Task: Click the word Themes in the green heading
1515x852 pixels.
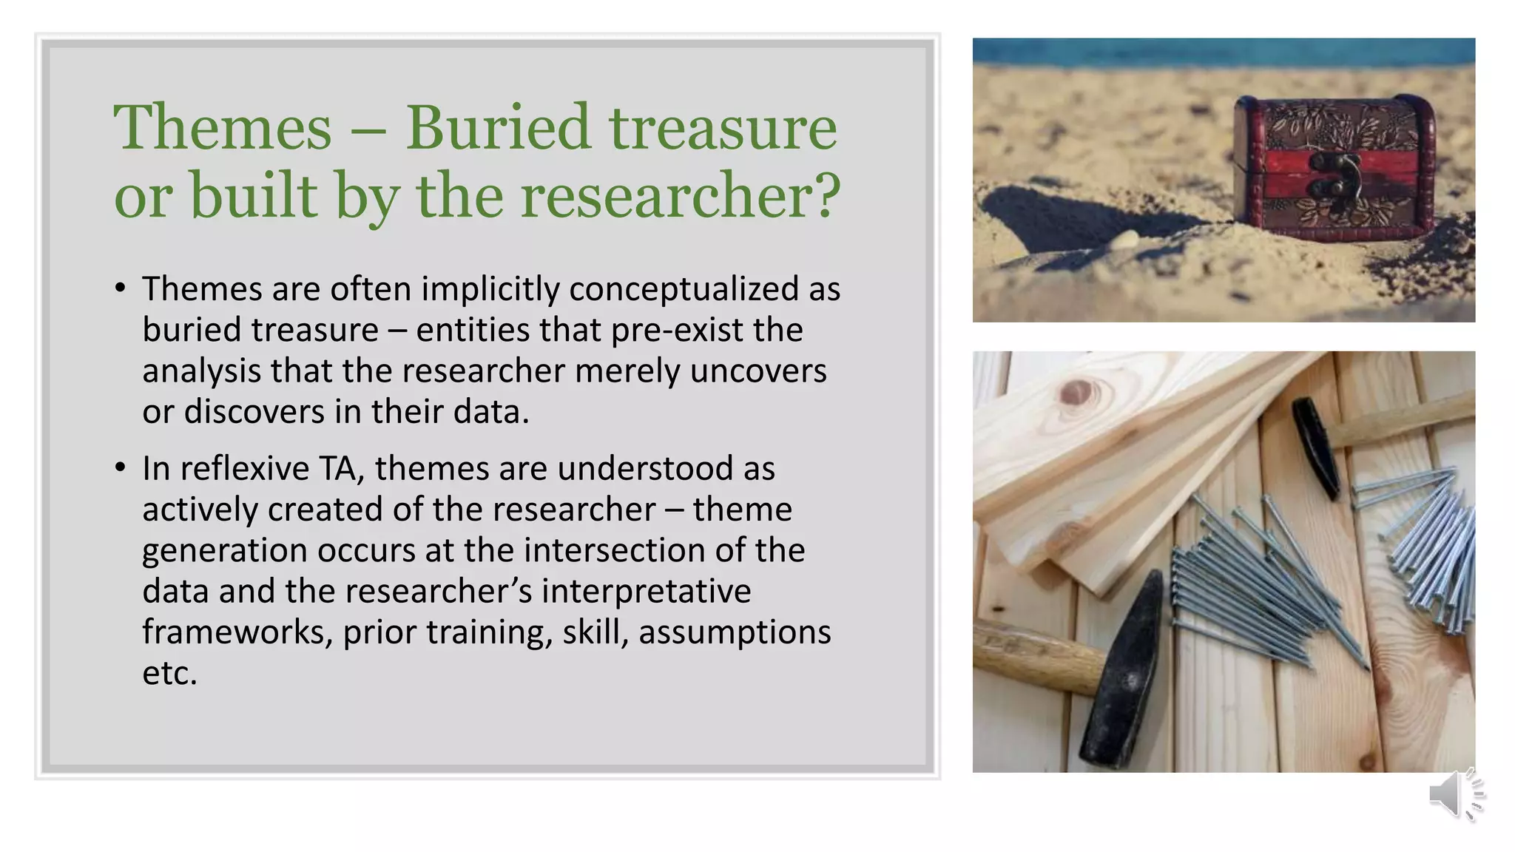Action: click(x=222, y=129)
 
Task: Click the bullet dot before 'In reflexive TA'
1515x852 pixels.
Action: click(x=121, y=468)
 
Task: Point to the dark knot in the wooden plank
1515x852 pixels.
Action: click(x=1076, y=392)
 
